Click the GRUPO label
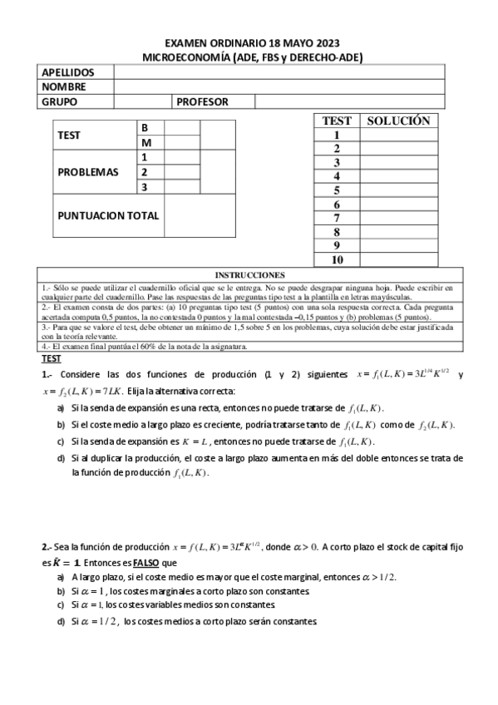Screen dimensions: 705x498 coord(59,101)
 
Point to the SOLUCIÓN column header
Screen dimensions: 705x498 coord(398,121)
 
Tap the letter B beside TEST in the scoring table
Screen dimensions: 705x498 coord(145,128)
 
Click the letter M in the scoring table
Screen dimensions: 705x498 coord(145,142)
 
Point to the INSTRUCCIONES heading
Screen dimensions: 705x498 coord(249,274)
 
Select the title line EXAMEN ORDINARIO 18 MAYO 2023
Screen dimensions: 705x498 coord(252,43)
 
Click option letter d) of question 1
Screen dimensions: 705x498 coord(62,458)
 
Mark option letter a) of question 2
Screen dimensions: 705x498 coord(62,575)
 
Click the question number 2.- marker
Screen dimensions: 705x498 coord(47,546)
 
